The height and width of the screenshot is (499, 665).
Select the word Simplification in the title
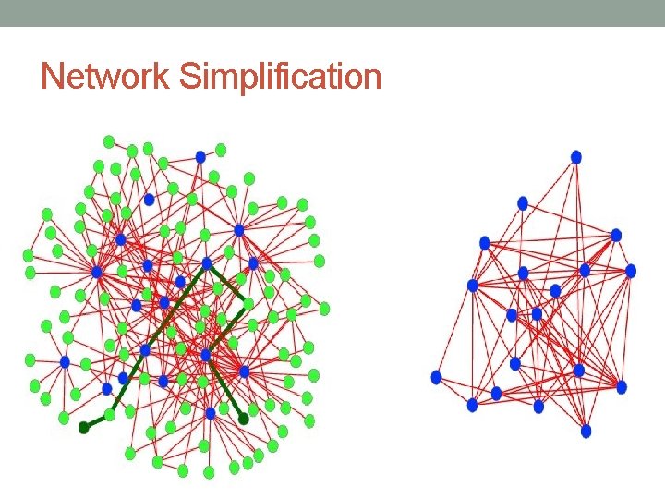tap(281, 77)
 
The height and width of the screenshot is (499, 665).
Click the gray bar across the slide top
tap(332, 12)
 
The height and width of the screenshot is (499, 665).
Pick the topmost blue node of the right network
tap(576, 157)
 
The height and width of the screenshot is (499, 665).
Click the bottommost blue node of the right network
tap(586, 431)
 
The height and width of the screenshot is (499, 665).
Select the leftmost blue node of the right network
tap(437, 377)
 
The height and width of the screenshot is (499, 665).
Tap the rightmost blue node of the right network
tap(631, 271)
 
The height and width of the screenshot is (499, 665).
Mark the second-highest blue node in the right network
tap(523, 203)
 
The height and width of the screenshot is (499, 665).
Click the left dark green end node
tap(84, 426)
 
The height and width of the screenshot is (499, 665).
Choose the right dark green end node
tap(243, 419)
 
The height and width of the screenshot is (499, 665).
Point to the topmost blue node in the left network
tap(200, 157)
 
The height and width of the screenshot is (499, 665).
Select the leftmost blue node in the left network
tap(65, 361)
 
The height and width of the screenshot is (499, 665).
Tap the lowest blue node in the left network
tap(211, 414)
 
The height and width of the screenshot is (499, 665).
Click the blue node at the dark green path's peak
tap(207, 263)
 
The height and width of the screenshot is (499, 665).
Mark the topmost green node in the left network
tap(109, 141)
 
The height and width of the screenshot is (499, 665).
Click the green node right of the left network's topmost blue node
tap(221, 149)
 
